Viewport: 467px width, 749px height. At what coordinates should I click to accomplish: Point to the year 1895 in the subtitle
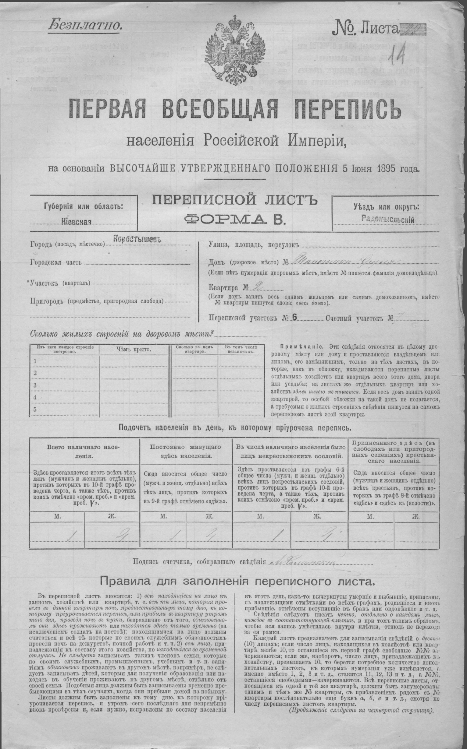click(x=387, y=168)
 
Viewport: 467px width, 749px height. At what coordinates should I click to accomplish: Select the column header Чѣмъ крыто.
click(x=134, y=350)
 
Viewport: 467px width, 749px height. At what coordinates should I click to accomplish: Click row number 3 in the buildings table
click(x=35, y=385)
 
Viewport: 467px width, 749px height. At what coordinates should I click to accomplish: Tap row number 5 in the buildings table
click(x=35, y=409)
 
